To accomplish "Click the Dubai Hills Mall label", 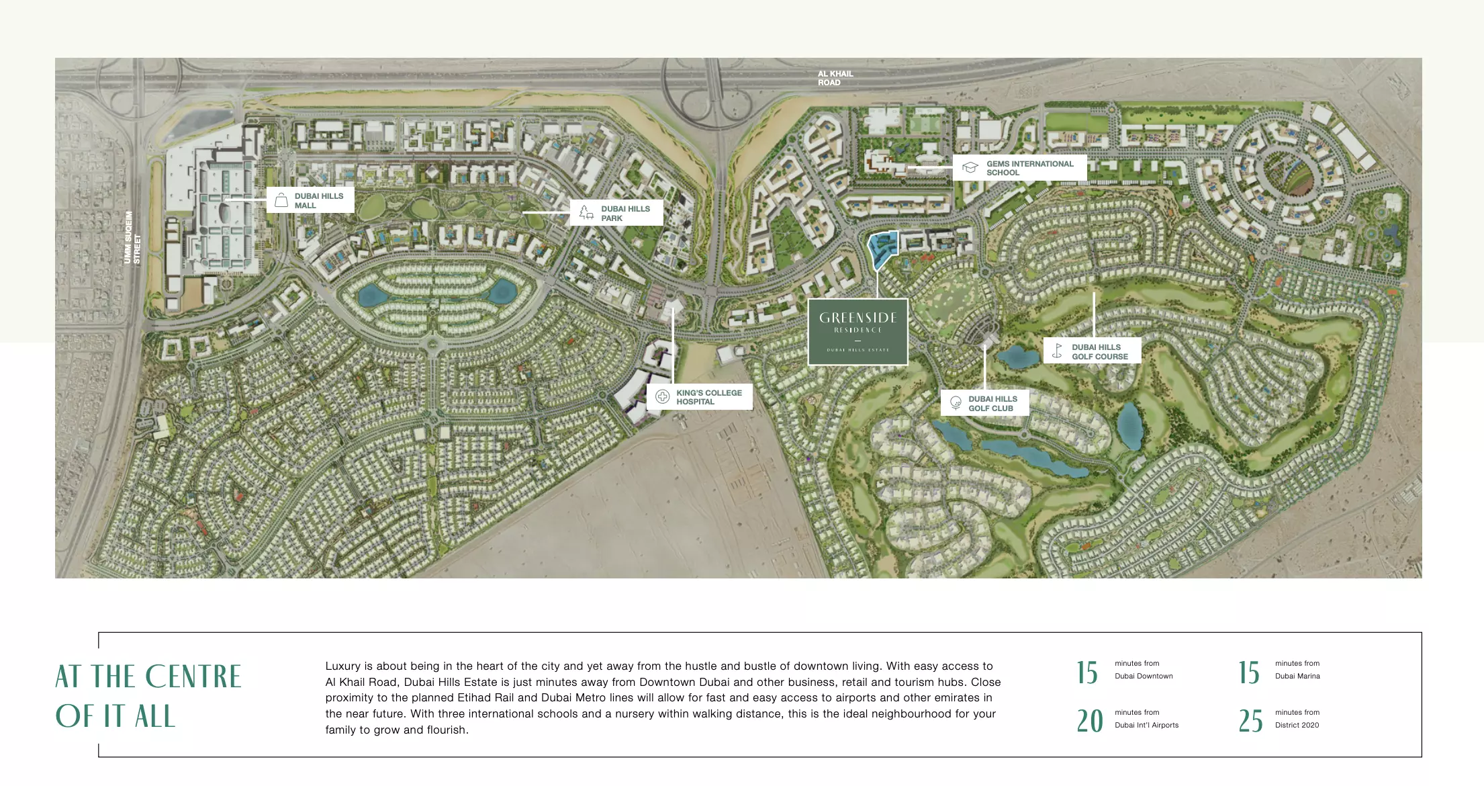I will pyautogui.click(x=318, y=200).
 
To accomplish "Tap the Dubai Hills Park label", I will pyautogui.click(x=624, y=213).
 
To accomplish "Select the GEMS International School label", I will pyautogui.click(x=1029, y=168).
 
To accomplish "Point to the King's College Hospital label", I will pyautogui.click(x=708, y=397).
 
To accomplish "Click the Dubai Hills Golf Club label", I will pyautogui.click(x=992, y=403).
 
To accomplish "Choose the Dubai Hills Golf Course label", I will pyautogui.click(x=1099, y=351).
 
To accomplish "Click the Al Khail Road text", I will pyautogui.click(x=835, y=78).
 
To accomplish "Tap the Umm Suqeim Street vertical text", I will pyautogui.click(x=132, y=237).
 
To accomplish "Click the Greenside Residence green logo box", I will pyautogui.click(x=857, y=332).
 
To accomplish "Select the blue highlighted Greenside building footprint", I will pyautogui.click(x=882, y=249).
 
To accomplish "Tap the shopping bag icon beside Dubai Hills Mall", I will pyautogui.click(x=281, y=200).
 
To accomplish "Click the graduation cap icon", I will pyautogui.click(x=970, y=167).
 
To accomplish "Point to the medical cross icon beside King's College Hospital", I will pyautogui.click(x=662, y=396).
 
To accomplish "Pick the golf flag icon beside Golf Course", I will pyautogui.click(x=1058, y=351).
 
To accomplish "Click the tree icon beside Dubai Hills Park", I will pyautogui.click(x=586, y=213).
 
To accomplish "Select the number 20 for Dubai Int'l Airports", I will pyautogui.click(x=1089, y=721).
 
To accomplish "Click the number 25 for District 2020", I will pyautogui.click(x=1250, y=721).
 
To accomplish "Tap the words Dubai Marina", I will pyautogui.click(x=1297, y=676).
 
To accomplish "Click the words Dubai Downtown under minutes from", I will pyautogui.click(x=1144, y=676).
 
